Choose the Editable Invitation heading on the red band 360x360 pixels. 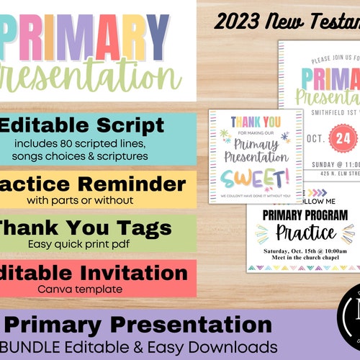click(94, 273)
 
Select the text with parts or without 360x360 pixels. click(85, 198)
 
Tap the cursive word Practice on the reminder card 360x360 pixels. click(307, 232)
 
